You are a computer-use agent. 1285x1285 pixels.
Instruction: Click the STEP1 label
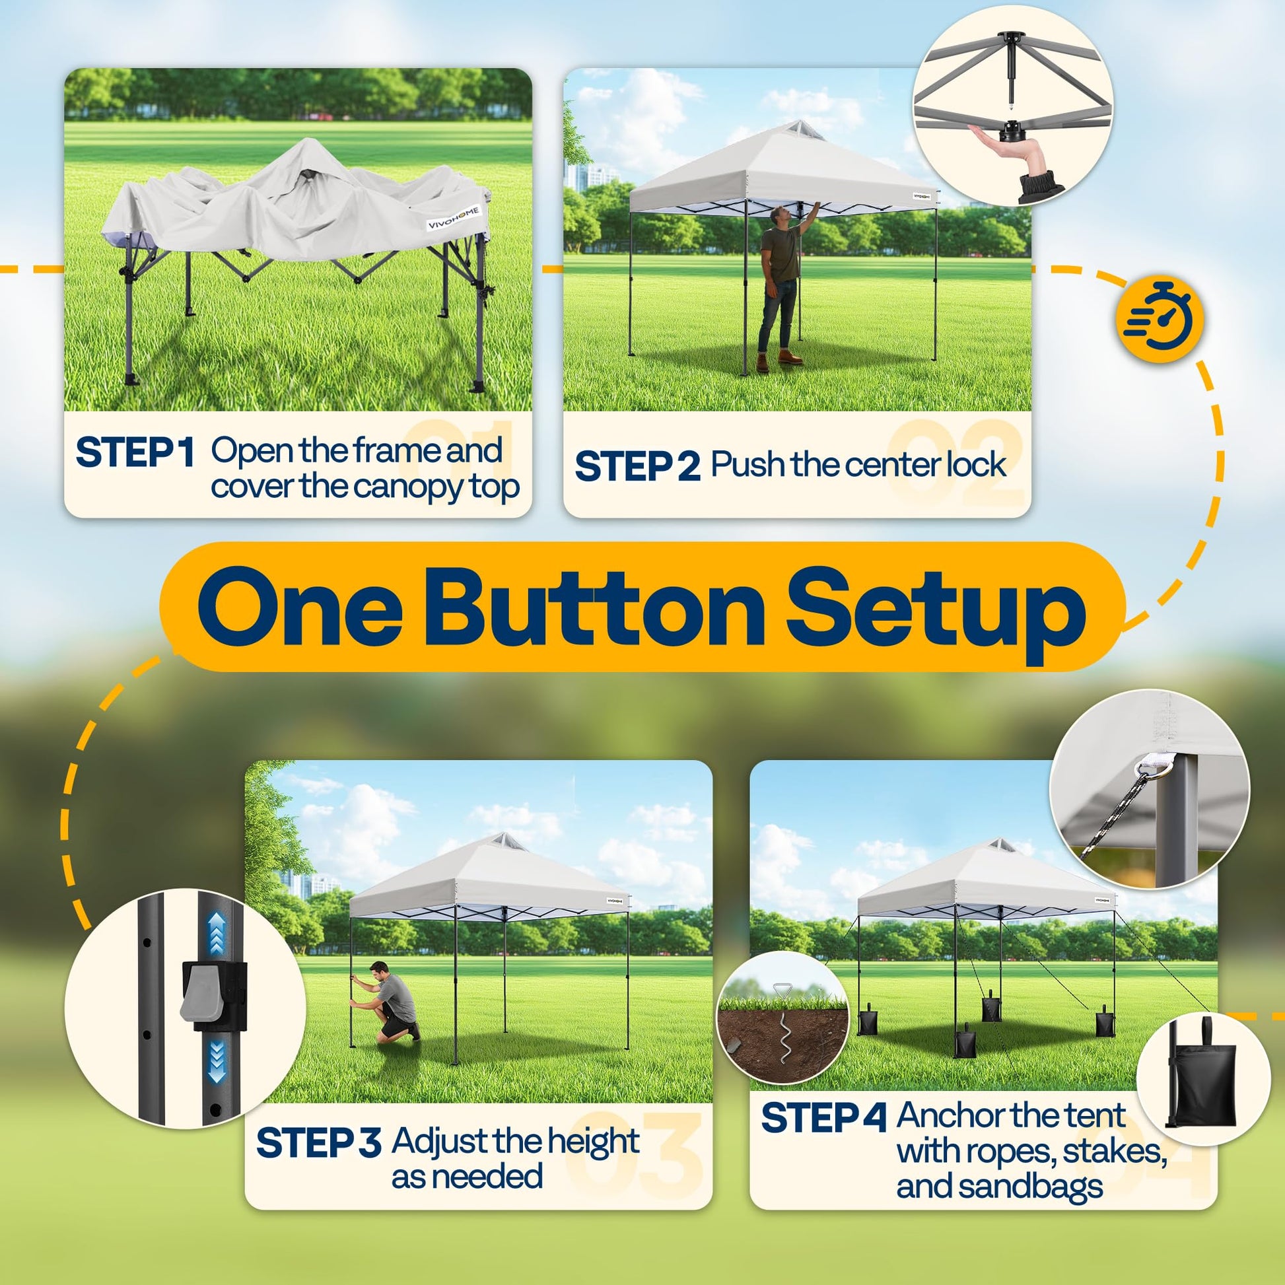click(x=135, y=452)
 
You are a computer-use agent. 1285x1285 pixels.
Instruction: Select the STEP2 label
click(x=637, y=466)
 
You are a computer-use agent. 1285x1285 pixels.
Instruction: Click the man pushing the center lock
click(x=783, y=287)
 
